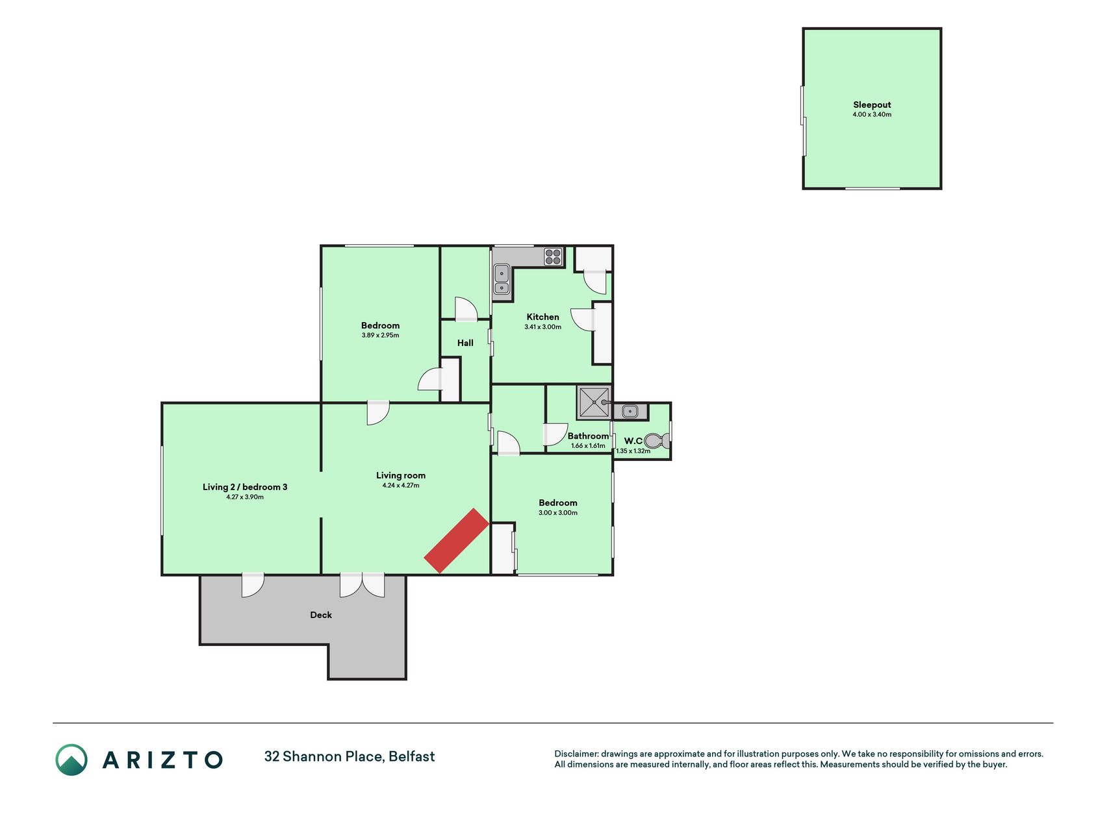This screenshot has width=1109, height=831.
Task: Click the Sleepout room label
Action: pyautogui.click(x=871, y=105)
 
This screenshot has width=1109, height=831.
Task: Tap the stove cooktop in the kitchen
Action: pyautogui.click(x=553, y=257)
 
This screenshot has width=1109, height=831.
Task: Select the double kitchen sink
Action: pyautogui.click(x=502, y=280)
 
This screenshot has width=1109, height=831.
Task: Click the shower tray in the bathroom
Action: pyautogui.click(x=594, y=403)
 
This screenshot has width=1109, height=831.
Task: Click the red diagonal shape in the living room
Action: pyautogui.click(x=456, y=541)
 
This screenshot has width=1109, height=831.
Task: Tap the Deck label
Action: pyautogui.click(x=321, y=615)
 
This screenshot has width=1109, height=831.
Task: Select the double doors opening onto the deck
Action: pyautogui.click(x=362, y=585)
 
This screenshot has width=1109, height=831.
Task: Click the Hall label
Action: pyautogui.click(x=465, y=343)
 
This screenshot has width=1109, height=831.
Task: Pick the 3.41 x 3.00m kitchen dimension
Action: pyautogui.click(x=542, y=327)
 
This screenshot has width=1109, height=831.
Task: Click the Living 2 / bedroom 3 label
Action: pyautogui.click(x=245, y=487)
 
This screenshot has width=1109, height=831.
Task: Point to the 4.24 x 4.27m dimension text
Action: pyautogui.click(x=401, y=485)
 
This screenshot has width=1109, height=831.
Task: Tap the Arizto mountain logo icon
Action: pyautogui.click(x=71, y=760)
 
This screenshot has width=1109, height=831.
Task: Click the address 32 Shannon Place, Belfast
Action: pyautogui.click(x=350, y=756)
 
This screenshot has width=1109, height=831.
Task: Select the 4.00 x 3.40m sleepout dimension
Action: pyautogui.click(x=872, y=114)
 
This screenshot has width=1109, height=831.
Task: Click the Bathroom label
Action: pyautogui.click(x=589, y=436)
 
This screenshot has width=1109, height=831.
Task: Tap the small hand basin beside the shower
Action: pyautogui.click(x=630, y=411)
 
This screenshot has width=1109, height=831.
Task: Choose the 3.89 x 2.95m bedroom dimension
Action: pyautogui.click(x=380, y=336)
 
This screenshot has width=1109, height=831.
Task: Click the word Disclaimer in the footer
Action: pyautogui.click(x=576, y=754)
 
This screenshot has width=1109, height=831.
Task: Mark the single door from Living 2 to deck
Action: pyautogui.click(x=253, y=585)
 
